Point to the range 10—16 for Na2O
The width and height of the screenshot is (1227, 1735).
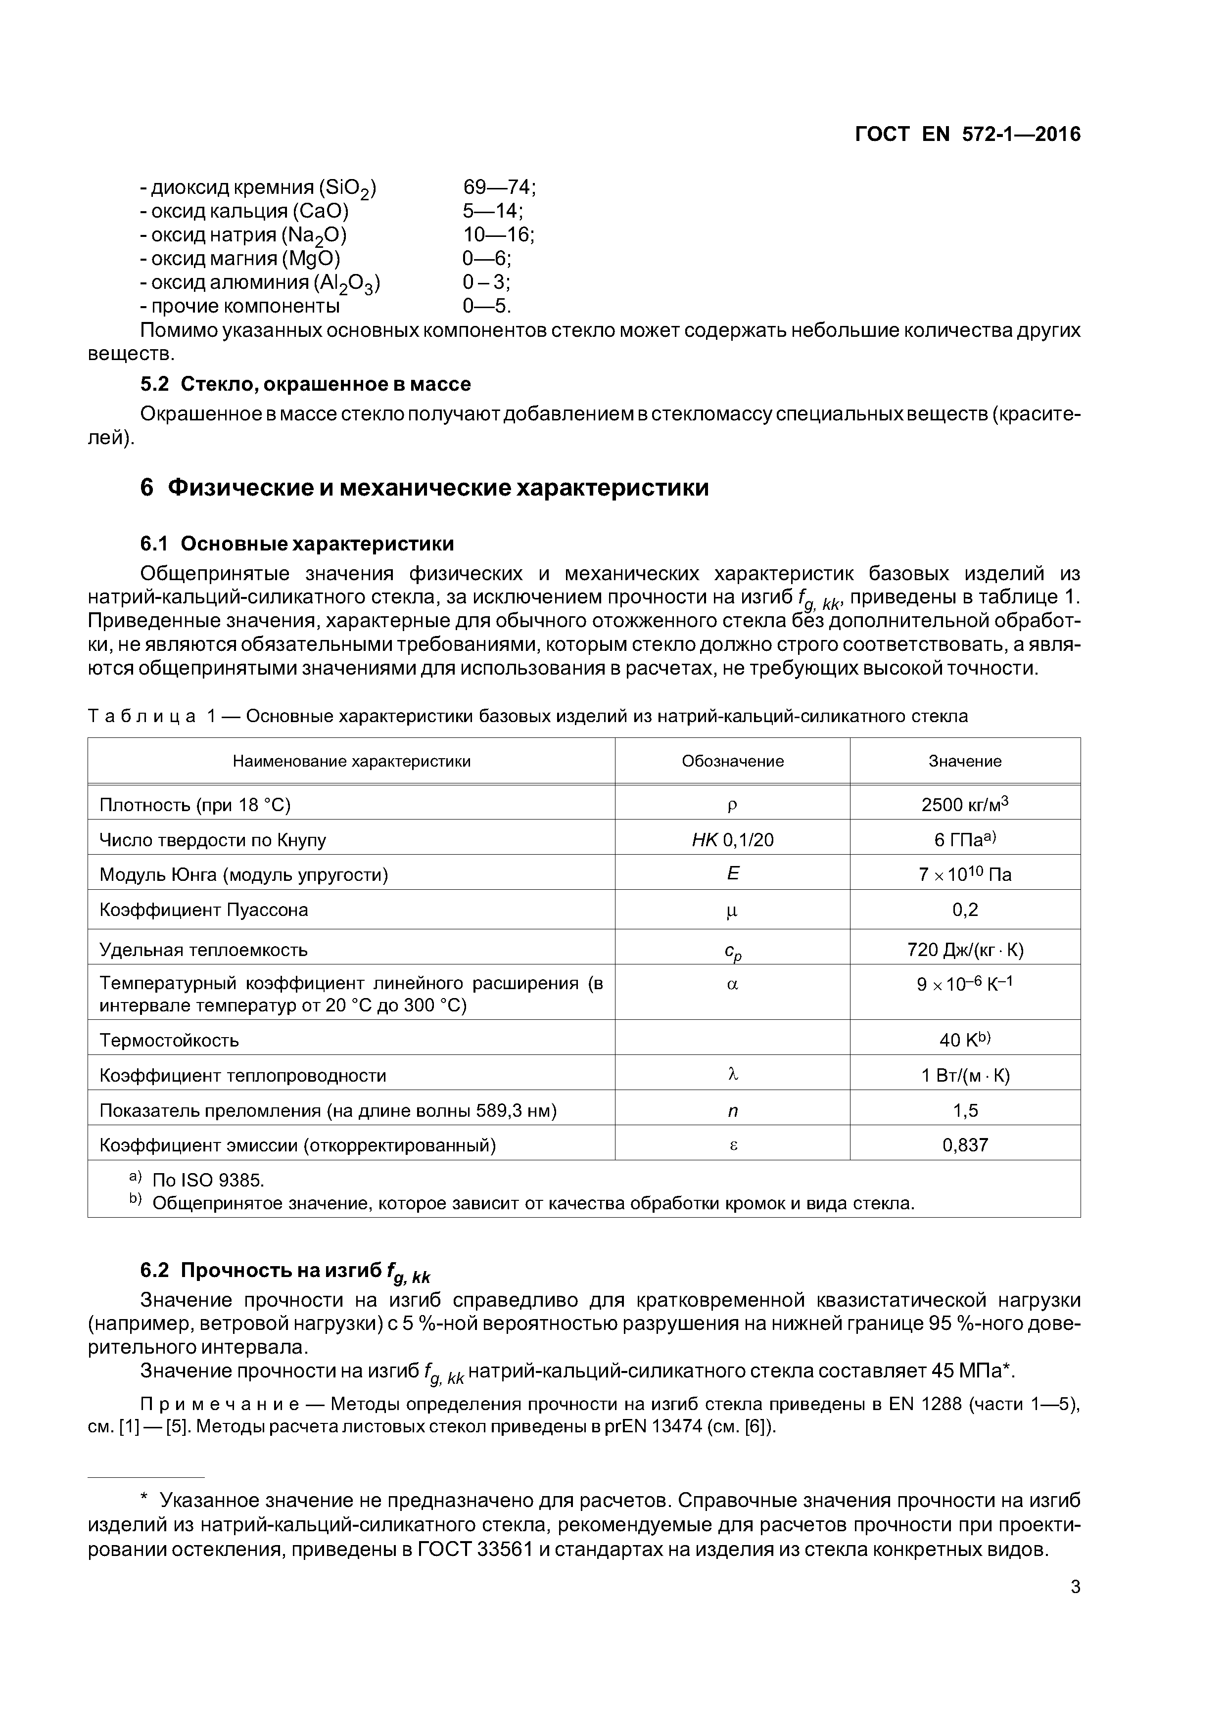pyautogui.click(x=497, y=235)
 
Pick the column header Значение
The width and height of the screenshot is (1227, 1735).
pyautogui.click(x=965, y=761)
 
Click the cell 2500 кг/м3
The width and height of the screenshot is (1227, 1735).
pyautogui.click(x=965, y=805)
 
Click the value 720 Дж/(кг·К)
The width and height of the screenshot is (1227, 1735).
pyautogui.click(x=965, y=950)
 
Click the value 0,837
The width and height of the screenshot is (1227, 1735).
pyautogui.click(x=965, y=1145)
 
